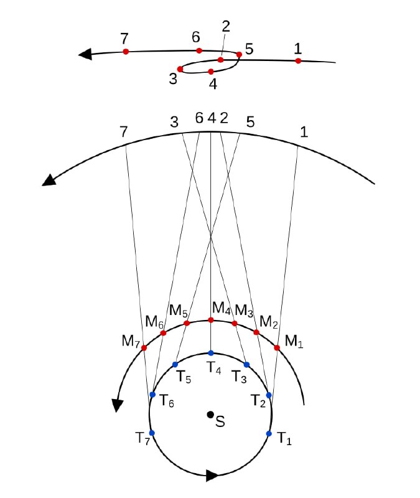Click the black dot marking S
210,415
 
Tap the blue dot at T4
211,353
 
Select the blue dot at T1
269,433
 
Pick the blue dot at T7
152,433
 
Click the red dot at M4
210,320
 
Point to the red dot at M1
277,348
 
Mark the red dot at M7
144,348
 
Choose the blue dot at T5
175,364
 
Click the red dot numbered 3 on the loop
180,69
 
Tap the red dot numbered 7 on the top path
126,52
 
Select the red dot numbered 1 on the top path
298,60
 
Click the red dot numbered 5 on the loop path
240,55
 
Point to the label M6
154,322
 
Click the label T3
239,377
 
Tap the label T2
258,401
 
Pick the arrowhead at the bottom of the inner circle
212,476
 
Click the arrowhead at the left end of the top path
85,54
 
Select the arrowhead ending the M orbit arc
118,406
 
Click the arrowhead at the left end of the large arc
49,180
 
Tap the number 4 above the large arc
212,118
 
